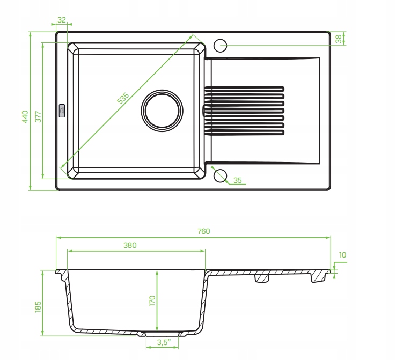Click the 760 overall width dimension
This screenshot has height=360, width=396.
coord(203,231)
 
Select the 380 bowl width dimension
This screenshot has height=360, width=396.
coord(130,245)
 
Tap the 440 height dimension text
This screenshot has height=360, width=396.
coord(25,116)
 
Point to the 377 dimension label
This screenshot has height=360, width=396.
coord(38,116)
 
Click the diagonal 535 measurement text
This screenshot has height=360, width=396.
coord(123,98)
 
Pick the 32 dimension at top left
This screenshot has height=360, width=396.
coord(61,20)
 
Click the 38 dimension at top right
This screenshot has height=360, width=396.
coord(339,39)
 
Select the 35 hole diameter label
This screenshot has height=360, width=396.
coord(237,180)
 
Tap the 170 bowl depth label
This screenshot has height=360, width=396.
coord(152,301)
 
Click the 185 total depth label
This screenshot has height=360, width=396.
coord(38,307)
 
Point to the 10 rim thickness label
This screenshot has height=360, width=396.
coord(342,255)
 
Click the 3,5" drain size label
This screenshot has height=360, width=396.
coord(164,342)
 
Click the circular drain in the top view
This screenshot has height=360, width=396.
coord(162,111)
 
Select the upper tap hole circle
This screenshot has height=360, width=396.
coord(220,46)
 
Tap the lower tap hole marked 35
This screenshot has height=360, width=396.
coord(220,176)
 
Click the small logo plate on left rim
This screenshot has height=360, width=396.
coord(62,111)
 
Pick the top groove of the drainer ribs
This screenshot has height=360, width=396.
coord(244,89)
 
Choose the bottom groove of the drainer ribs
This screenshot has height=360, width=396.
coord(244,133)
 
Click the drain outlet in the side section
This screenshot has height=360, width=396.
coord(162,334)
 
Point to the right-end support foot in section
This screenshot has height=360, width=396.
coord(318,277)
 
